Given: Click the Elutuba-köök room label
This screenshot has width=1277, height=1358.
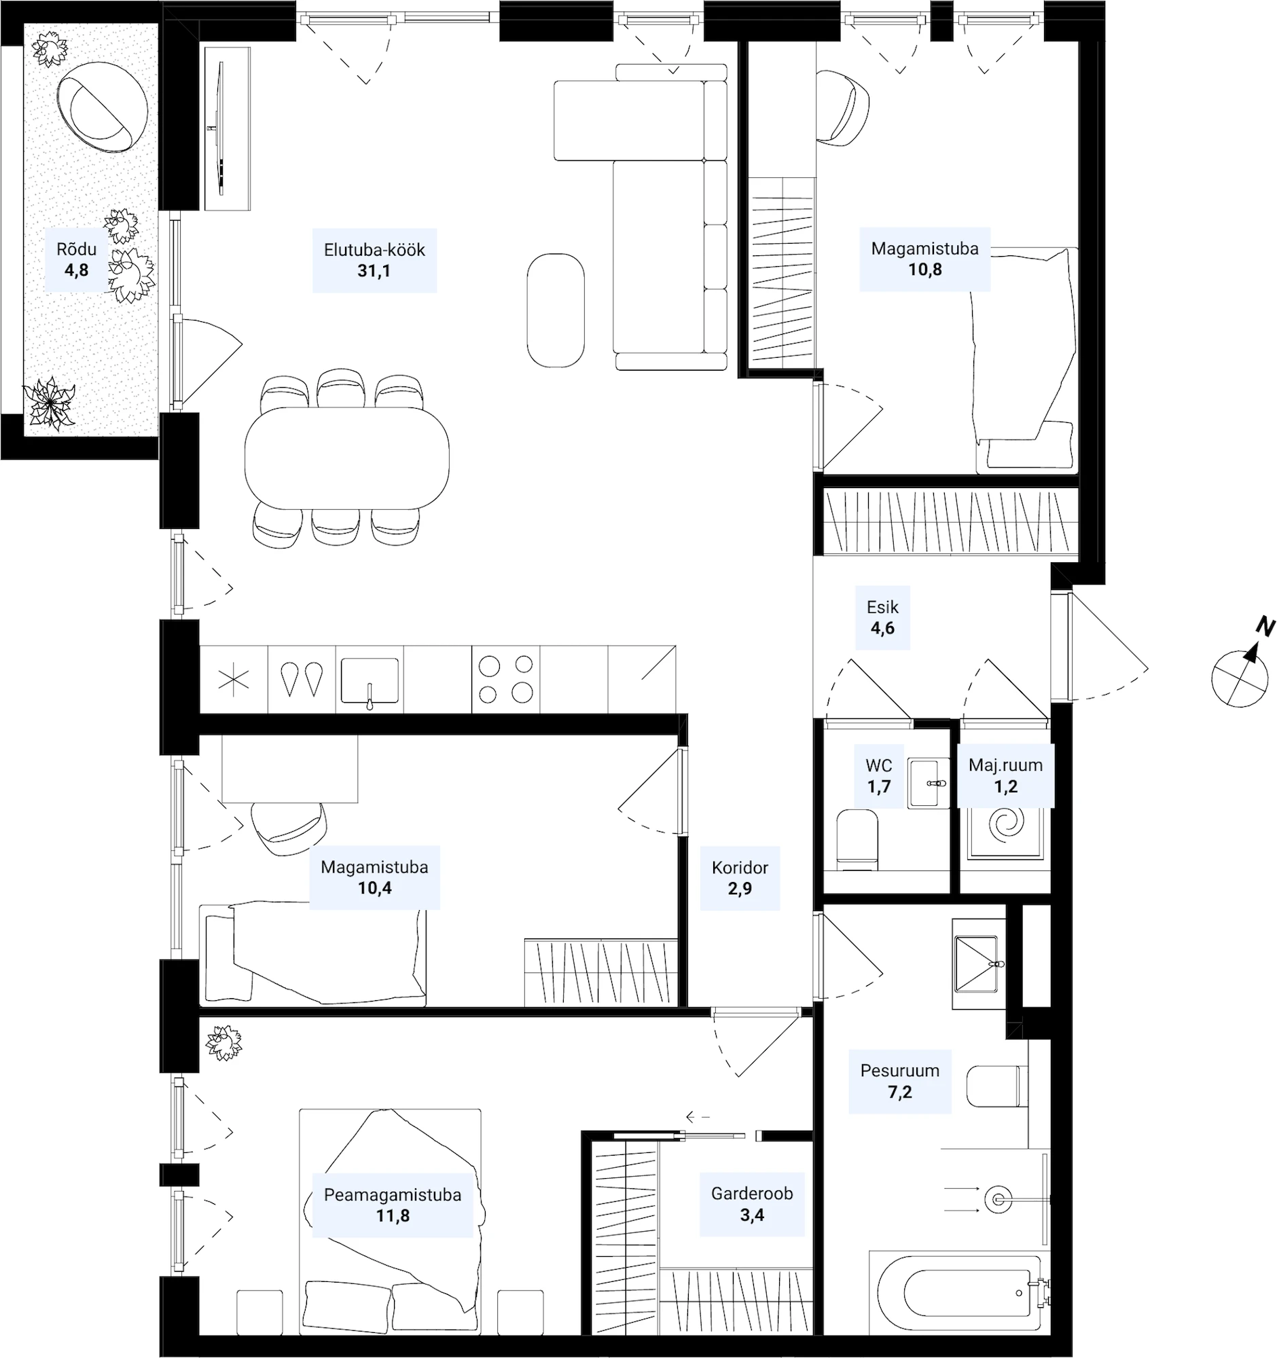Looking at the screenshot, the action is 374,250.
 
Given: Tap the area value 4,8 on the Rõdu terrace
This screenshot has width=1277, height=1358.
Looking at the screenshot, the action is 77,270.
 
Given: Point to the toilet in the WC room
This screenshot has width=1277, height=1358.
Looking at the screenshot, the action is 857,839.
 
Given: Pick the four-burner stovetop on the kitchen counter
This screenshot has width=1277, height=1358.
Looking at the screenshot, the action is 505,679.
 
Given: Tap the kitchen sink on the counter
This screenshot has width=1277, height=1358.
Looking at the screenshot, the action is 370,680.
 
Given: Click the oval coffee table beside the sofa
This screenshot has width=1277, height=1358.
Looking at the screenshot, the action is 556,310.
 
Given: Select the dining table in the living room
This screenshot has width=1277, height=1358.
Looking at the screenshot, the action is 347,458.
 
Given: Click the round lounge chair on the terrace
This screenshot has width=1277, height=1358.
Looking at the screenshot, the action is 102,107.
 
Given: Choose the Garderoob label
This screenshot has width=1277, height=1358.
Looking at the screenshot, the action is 751,1194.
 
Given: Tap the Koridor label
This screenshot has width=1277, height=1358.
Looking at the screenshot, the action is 740,868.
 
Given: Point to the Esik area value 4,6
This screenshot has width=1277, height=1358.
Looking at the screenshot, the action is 882,629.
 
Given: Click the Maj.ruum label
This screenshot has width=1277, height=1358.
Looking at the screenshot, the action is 1006,765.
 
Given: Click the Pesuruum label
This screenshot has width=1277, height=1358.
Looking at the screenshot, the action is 900,1070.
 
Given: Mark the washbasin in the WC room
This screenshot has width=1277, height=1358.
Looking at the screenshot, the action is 929,783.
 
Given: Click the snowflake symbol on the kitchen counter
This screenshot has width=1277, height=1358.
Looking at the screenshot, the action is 234,680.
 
